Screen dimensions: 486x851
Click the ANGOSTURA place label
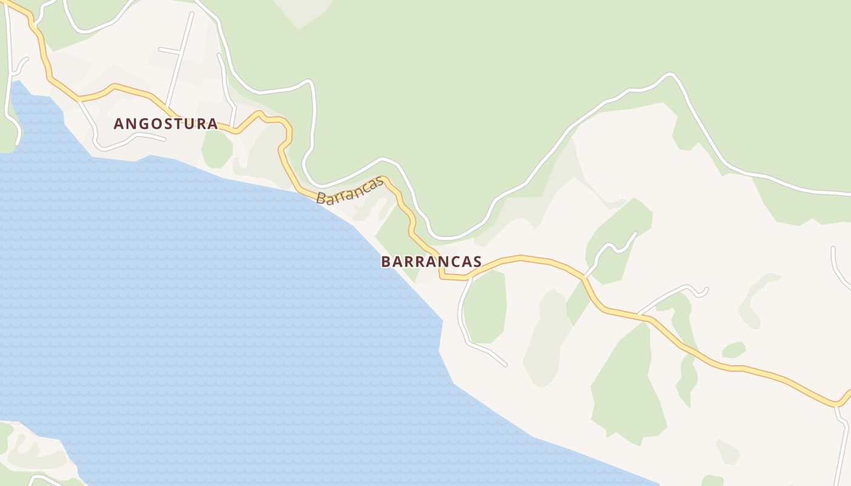pyautogui.click(x=165, y=124)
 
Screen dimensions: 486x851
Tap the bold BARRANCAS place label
pyautogui.click(x=431, y=262)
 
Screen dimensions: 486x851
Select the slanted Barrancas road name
pyautogui.click(x=350, y=190)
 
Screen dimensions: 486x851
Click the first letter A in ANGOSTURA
pyautogui.click(x=119, y=124)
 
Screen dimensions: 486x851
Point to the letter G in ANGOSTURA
pyautogui.click(x=143, y=124)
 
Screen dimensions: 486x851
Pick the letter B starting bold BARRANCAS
pyautogui.click(x=385, y=262)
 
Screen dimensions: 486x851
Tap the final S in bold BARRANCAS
pyautogui.click(x=477, y=262)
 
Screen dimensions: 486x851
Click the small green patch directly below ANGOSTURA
pyautogui.click(x=217, y=149)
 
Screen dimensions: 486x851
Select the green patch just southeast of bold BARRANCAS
pyautogui.click(x=486, y=307)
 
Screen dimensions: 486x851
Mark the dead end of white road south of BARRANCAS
pyautogui.click(x=505, y=365)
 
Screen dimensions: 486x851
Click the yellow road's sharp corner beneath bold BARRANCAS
pyautogui.click(x=442, y=276)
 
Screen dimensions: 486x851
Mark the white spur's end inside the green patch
pyautogui.click(x=636, y=233)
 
